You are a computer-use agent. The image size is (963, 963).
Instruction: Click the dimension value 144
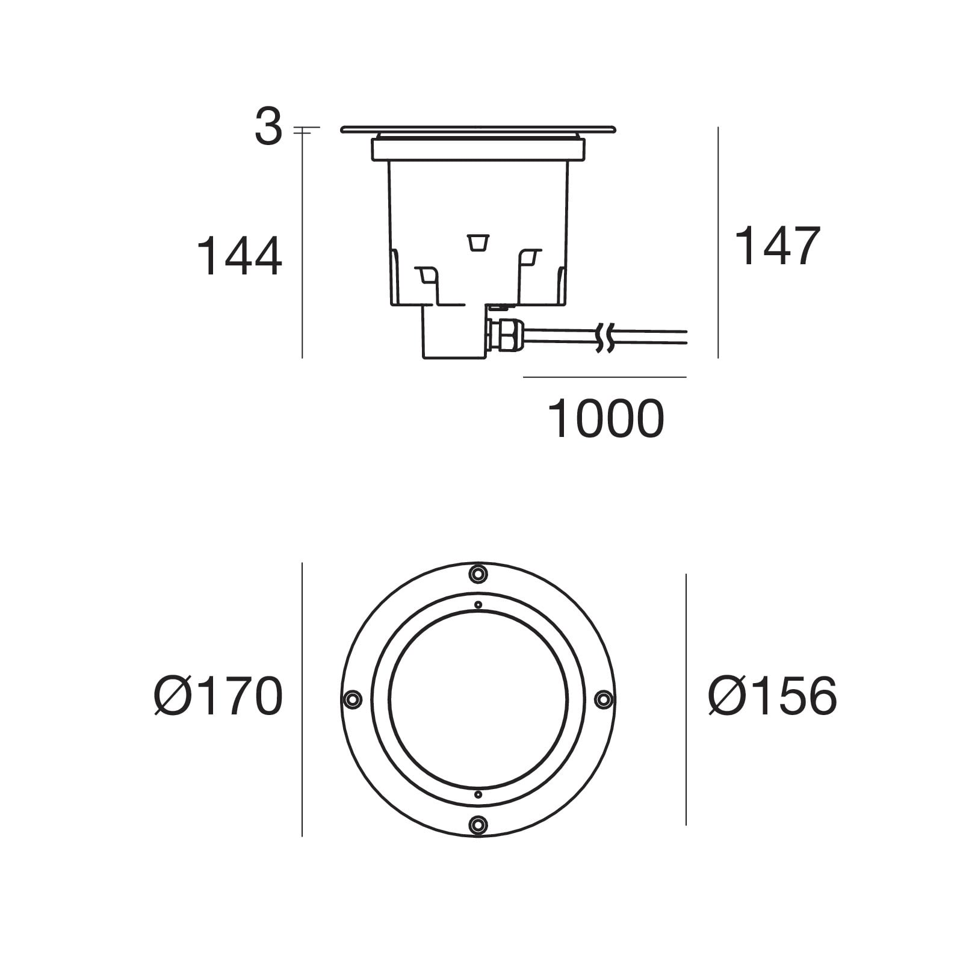(240, 256)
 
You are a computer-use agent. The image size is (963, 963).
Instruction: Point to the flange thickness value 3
(268, 128)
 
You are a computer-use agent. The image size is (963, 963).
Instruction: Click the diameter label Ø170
(218, 696)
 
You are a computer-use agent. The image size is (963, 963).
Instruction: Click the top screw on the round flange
(478, 574)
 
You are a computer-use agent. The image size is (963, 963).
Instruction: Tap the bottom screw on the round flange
(478, 824)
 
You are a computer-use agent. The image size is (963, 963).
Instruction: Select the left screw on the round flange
(352, 699)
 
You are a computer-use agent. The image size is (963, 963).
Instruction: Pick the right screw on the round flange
(604, 699)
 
